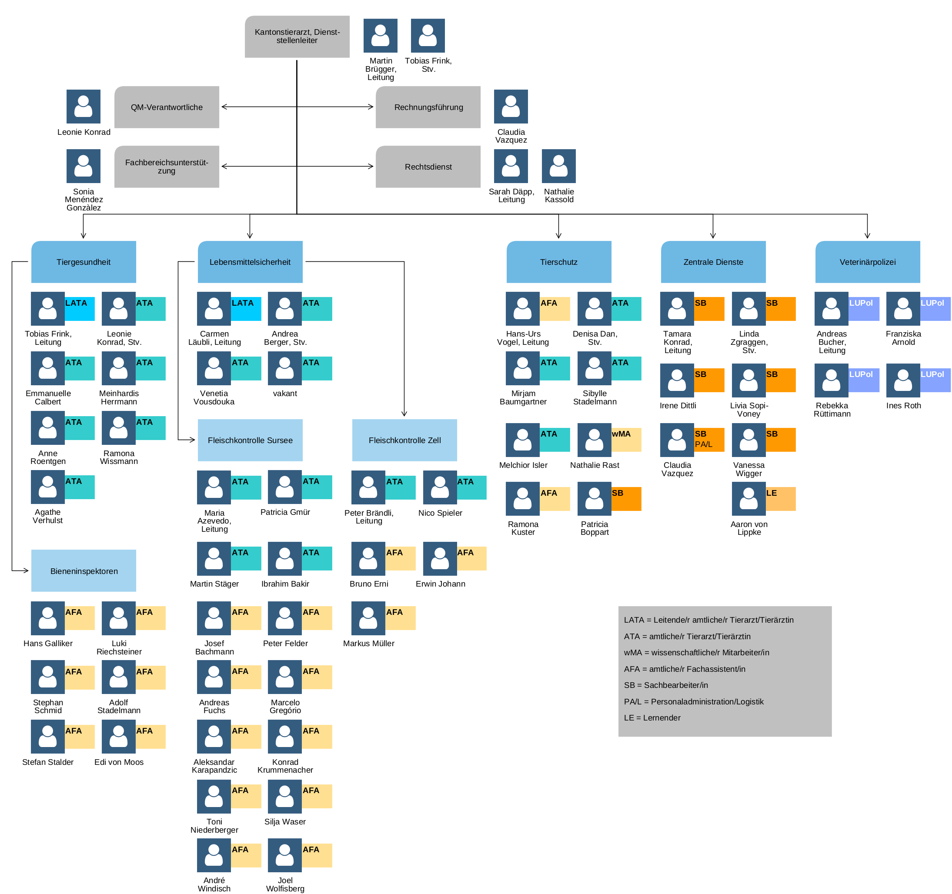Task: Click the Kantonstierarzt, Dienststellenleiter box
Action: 297,37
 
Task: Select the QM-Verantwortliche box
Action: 167,107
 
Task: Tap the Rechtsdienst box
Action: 428,167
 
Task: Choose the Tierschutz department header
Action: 559,262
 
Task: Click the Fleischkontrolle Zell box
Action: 404,440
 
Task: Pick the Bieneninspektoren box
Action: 84,571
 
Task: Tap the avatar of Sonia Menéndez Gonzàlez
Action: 84,166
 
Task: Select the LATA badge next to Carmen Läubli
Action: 246,309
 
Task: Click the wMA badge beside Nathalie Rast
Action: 626,440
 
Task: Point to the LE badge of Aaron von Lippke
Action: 781,499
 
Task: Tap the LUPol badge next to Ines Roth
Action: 935,380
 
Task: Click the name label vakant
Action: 285,394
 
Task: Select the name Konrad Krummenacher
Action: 285,766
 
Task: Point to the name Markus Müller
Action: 369,644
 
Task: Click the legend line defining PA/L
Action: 693,701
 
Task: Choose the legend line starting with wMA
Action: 696,653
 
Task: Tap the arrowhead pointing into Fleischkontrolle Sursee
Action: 192,440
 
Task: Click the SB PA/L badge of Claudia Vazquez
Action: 709,440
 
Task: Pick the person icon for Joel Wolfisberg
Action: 285,855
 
